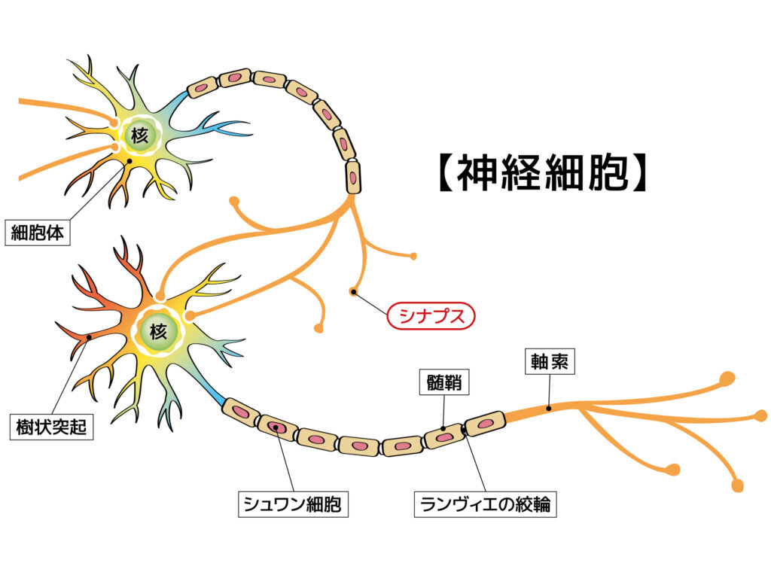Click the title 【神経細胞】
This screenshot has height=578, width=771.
pyautogui.click(x=541, y=173)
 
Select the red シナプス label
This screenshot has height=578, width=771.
pyautogui.click(x=431, y=315)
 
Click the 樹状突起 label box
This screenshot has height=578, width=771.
pyautogui.click(x=51, y=427)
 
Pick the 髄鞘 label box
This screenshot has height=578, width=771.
pyautogui.click(x=443, y=383)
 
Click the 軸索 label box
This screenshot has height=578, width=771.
pyautogui.click(x=549, y=363)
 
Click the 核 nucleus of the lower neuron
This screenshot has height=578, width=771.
pyautogui.click(x=158, y=331)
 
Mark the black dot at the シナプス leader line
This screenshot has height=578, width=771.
pyautogui.click(x=353, y=291)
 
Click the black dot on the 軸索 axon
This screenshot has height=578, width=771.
pyautogui.click(x=549, y=409)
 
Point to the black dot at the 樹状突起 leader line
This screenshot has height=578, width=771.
pyautogui.click(x=89, y=337)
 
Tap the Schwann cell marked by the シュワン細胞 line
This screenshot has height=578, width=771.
pyautogui.click(x=277, y=427)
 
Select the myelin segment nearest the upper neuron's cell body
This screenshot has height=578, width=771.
pyautogui.click(x=201, y=87)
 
